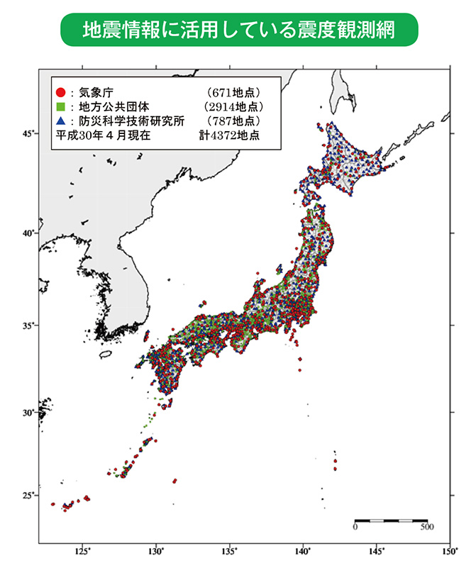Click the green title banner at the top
pos(238,29)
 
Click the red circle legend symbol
pos(61,92)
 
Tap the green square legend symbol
pos(61,106)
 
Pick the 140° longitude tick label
pos(303,550)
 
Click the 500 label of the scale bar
pos(426,528)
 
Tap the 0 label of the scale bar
pos(355,528)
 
